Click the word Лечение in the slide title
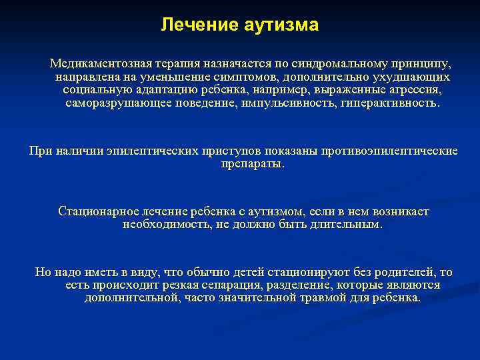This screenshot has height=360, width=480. [x=191, y=25]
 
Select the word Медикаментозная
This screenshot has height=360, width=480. [x=92, y=65]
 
